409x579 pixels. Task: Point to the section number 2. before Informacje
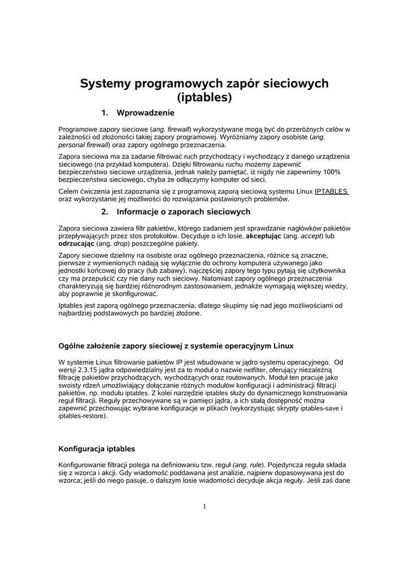(x=105, y=212)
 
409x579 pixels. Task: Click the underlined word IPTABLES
(x=332, y=191)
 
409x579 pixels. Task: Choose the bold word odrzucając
(x=76, y=244)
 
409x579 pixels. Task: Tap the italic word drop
(x=120, y=244)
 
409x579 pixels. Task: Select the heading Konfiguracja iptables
(x=97, y=449)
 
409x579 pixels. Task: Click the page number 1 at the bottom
(x=204, y=506)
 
